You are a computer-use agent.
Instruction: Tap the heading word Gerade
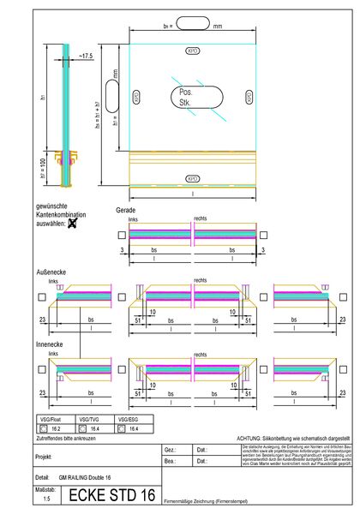tap(125, 211)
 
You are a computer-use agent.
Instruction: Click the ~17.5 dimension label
tap(86, 56)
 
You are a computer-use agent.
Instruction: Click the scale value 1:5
tap(47, 498)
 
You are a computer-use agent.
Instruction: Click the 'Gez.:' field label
tap(170, 450)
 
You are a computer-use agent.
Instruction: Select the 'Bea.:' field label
tap(170, 462)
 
